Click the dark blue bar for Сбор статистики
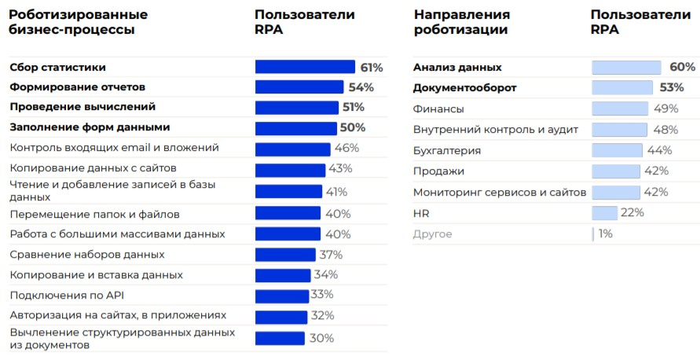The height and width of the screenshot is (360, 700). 305,67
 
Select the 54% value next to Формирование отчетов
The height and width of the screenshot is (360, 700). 361,87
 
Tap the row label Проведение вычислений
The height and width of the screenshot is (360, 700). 82,107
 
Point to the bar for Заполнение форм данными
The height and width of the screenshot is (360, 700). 296,127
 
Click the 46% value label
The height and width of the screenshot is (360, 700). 346,148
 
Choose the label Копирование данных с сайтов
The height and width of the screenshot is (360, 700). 93,168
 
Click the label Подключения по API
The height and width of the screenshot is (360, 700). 68,296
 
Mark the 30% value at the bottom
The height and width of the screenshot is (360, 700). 321,338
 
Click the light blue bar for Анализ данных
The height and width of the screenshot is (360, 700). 626,68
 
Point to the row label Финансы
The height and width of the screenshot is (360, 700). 438,108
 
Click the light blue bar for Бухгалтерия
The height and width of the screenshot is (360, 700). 617,150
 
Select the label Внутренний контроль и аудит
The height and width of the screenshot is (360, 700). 496,129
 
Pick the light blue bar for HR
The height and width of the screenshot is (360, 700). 604,212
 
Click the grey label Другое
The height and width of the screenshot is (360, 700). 433,233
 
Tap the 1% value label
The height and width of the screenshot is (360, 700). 605,233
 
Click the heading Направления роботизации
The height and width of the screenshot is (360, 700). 461,22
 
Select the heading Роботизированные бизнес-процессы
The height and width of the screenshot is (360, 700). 79,22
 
